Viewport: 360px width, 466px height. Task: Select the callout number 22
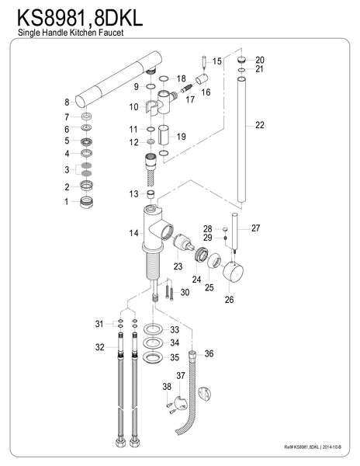pos(259,125)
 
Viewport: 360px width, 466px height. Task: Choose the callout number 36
pos(208,353)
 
